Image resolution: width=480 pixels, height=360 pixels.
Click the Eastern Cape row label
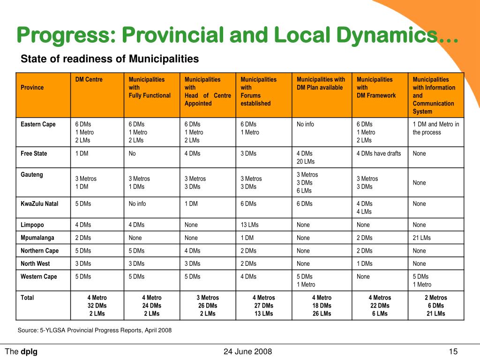[x=38, y=124]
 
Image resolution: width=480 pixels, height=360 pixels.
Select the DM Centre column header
[x=89, y=79]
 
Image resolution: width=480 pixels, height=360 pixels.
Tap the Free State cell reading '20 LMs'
[x=306, y=161]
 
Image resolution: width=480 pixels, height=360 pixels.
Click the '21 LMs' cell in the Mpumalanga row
[x=421, y=238]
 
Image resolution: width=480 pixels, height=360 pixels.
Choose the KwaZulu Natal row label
[x=39, y=204]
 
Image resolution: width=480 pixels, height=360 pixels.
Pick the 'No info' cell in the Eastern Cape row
[x=305, y=124]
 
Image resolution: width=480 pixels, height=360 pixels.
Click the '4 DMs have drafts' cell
[x=379, y=153]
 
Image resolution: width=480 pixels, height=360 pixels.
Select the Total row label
[x=27, y=298]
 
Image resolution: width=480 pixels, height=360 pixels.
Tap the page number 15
[x=453, y=352]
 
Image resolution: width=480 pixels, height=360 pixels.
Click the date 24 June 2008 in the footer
[x=247, y=352]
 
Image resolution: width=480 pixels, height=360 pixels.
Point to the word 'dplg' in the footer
[x=29, y=352]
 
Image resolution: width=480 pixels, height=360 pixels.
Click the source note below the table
[x=95, y=330]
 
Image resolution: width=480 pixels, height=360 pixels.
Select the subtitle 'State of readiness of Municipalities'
[x=110, y=59]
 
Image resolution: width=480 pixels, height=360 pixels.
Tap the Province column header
[x=32, y=88]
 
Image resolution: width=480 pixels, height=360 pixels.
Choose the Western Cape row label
[x=39, y=277]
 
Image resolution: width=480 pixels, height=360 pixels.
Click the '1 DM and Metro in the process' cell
[x=436, y=128]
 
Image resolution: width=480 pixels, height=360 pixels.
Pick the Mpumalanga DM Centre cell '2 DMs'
[x=83, y=238]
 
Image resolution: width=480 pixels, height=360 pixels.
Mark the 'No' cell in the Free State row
[x=132, y=153]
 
